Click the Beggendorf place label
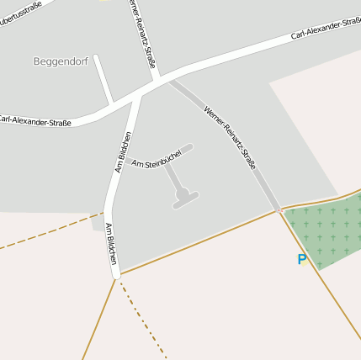[x=56, y=61]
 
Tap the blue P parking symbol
[x=302, y=260]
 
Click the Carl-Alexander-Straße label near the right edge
[x=325, y=30]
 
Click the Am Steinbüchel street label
[x=157, y=156]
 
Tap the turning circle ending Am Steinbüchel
[x=183, y=195]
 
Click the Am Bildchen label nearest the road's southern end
[x=110, y=243]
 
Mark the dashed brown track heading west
[x=46, y=236]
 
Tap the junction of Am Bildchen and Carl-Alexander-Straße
[x=137, y=95]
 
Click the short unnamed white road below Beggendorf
[x=104, y=80]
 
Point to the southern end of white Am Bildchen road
[x=116, y=273]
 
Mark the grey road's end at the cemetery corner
[x=278, y=209]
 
